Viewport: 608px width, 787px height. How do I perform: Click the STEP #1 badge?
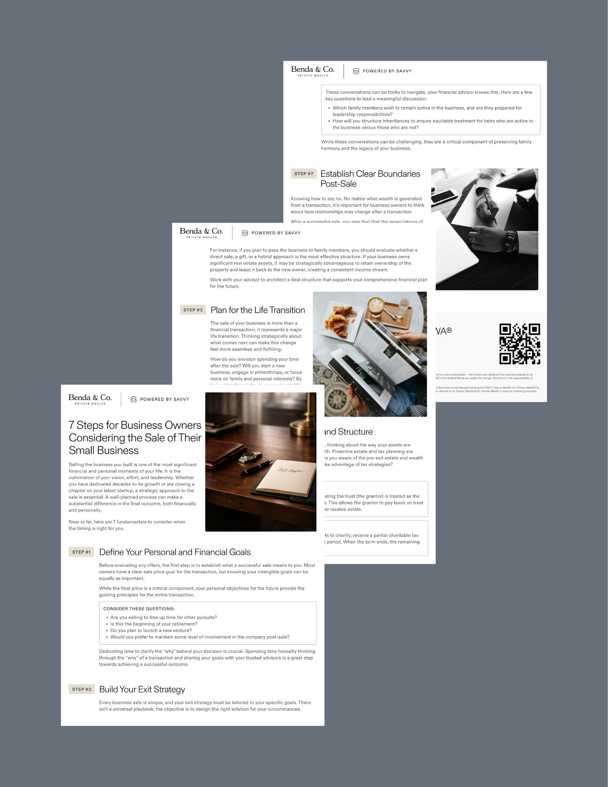pyautogui.click(x=81, y=552)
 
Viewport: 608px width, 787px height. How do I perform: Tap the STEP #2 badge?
pyautogui.click(x=81, y=689)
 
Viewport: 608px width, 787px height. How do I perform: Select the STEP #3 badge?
pyautogui.click(x=193, y=310)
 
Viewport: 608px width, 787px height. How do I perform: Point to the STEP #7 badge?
pyautogui.click(x=304, y=174)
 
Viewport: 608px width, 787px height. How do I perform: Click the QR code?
pyautogui.click(x=519, y=344)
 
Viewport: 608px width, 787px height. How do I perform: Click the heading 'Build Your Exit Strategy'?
pyautogui.click(x=142, y=689)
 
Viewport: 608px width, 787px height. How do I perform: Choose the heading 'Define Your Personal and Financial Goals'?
pyautogui.click(x=175, y=552)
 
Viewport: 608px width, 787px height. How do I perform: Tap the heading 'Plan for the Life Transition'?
pyautogui.click(x=257, y=310)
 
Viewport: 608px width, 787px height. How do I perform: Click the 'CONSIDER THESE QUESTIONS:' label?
pyautogui.click(x=139, y=609)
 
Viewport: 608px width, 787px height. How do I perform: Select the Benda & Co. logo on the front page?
pyautogui.click(x=90, y=399)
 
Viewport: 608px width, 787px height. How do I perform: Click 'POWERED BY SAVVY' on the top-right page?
pyautogui.click(x=387, y=71)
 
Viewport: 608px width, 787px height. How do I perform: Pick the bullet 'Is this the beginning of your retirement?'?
pyautogui.click(x=154, y=624)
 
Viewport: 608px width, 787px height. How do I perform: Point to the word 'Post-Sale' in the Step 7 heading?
pyautogui.click(x=338, y=184)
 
